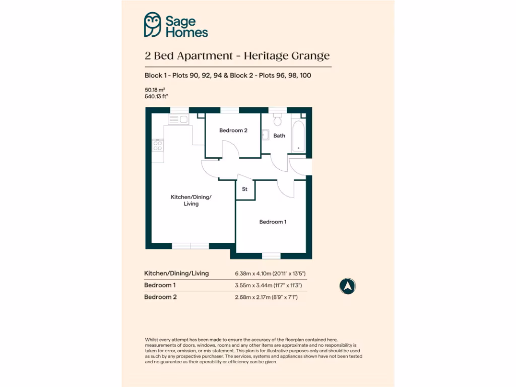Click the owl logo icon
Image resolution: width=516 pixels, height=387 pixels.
point(152,25)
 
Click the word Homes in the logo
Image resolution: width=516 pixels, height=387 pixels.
point(186,32)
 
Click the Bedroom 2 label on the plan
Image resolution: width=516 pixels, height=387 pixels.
point(233,131)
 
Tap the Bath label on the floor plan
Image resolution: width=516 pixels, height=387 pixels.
point(279,136)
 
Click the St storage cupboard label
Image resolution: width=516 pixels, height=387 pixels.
point(245,189)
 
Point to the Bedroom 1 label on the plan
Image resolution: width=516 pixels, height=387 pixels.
point(273,222)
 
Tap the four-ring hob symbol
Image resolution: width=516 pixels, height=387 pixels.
point(158,145)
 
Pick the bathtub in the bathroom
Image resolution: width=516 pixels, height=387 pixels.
point(298,136)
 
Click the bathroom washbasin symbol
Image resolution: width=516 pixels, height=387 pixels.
point(265,135)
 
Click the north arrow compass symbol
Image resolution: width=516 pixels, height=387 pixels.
point(347,286)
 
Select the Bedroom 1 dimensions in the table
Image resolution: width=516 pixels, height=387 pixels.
point(271,285)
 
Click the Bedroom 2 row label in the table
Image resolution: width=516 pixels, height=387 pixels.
point(161,297)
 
